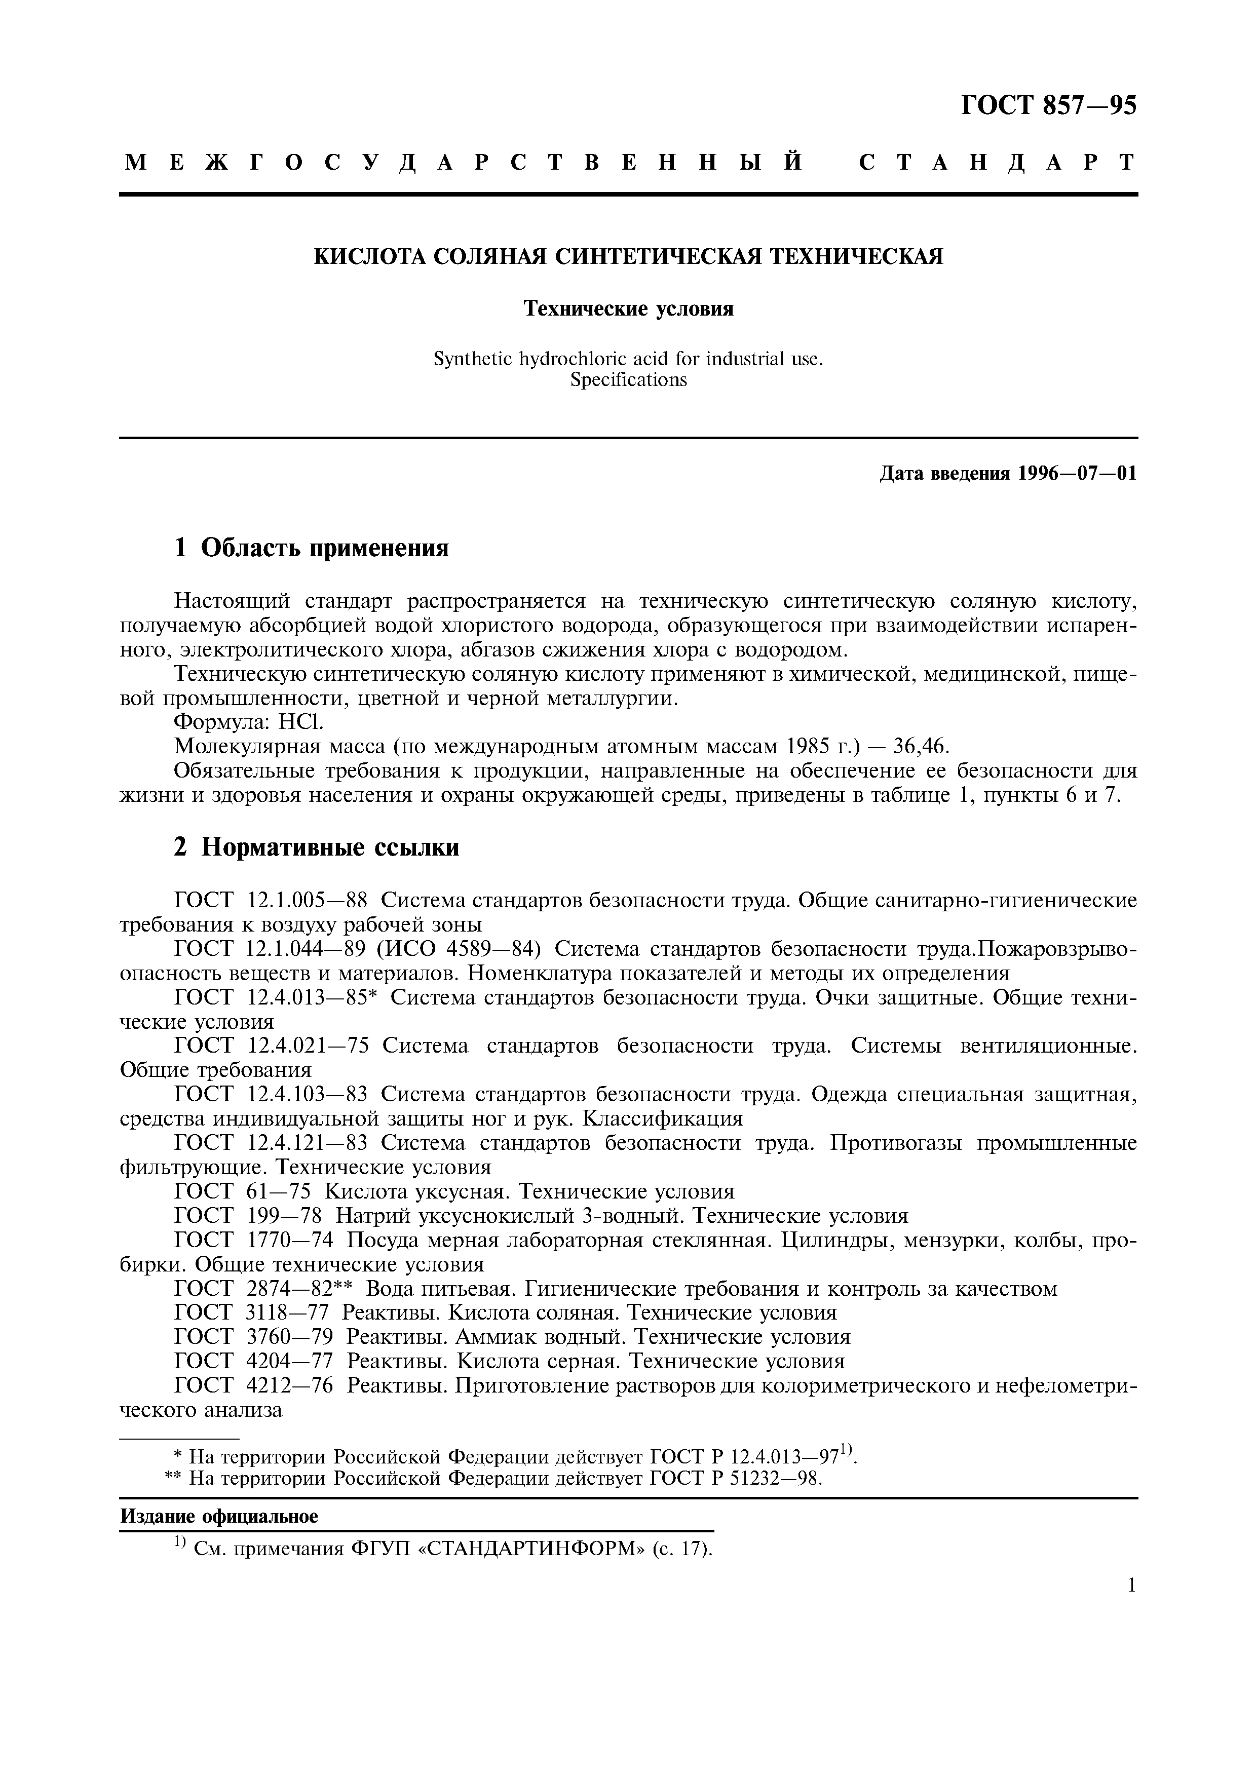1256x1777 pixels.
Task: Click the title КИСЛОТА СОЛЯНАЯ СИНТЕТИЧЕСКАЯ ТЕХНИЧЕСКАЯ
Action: [628, 256]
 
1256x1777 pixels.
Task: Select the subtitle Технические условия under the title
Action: [628, 309]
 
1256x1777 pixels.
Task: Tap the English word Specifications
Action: [628, 379]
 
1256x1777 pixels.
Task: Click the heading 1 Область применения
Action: [311, 548]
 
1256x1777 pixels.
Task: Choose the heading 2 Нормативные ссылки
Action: [316, 847]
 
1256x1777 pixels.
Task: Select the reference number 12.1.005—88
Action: [307, 900]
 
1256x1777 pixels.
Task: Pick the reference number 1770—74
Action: [290, 1240]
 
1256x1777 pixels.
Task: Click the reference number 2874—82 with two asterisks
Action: [299, 1289]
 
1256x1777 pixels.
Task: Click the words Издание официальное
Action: [219, 1517]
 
